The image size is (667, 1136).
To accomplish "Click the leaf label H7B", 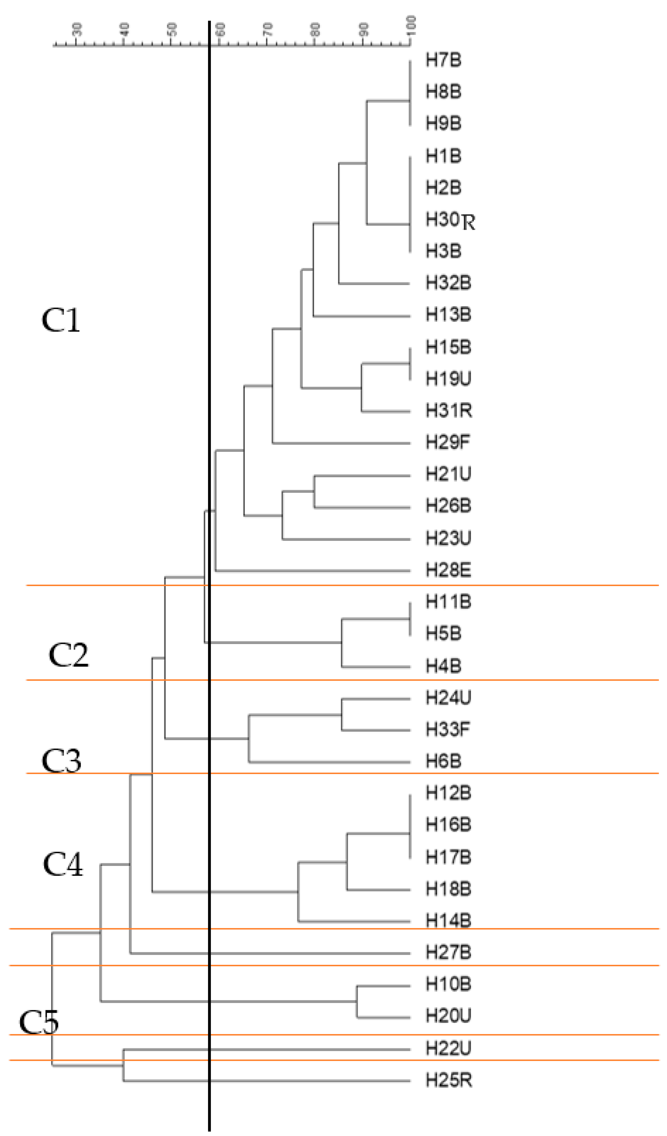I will tap(444, 60).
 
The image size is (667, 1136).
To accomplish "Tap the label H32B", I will tap(448, 283).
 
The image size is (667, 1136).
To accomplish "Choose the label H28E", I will tap(448, 570).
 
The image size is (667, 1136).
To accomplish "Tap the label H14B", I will tap(448, 920).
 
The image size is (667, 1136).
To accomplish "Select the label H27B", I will tap(448, 952).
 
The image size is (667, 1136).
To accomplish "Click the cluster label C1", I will tap(61, 321).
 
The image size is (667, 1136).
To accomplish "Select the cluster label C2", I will tap(68, 655).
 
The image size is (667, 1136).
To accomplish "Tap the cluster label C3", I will tap(61, 760).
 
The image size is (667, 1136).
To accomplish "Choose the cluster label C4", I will tap(63, 865).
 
